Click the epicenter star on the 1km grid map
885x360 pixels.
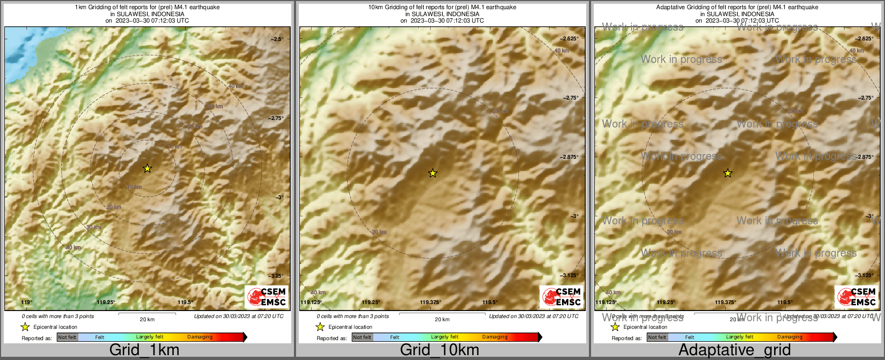point(147,168)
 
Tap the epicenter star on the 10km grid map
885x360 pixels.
point(433,173)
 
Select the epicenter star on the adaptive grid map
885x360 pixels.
point(728,173)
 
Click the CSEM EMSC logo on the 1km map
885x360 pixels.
point(266,297)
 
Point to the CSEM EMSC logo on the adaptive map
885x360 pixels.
point(856,297)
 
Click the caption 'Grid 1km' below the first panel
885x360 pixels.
point(144,350)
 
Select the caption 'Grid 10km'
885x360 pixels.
point(439,350)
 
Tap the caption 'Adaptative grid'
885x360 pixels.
point(734,350)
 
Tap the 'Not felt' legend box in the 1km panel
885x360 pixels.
point(67,337)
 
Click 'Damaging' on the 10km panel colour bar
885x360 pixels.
point(495,337)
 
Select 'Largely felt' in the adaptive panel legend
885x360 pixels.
point(740,337)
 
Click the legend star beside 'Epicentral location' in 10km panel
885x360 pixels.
point(320,327)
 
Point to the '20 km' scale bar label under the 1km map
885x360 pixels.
point(147,319)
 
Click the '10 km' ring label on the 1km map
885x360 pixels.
point(134,187)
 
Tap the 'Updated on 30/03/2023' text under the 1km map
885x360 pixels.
point(238,316)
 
